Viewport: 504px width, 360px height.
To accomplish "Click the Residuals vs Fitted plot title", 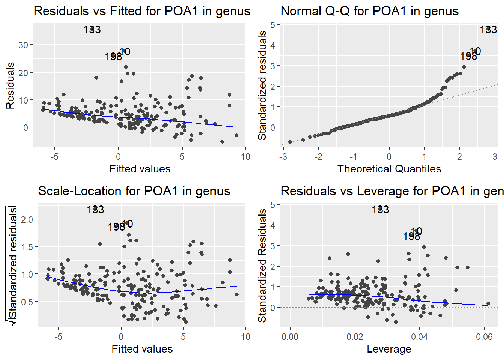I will click(x=142, y=11).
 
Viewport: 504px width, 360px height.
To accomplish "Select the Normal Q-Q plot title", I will click(x=369, y=11).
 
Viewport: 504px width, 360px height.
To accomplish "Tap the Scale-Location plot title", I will click(x=134, y=191).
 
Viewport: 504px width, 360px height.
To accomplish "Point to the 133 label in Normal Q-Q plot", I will click(x=488, y=30).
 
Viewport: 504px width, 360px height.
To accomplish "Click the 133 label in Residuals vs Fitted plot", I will click(x=92, y=30).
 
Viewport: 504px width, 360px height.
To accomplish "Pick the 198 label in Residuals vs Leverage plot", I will click(x=411, y=237).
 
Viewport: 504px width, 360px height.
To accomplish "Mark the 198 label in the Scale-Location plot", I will click(x=116, y=227).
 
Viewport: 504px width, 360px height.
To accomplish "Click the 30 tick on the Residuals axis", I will click(x=23, y=45).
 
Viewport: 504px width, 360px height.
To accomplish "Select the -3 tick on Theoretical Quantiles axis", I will click(x=283, y=157).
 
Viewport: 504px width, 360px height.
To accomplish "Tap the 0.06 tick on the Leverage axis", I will click(x=484, y=337).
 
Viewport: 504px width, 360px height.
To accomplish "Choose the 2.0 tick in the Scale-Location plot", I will click(x=27, y=219).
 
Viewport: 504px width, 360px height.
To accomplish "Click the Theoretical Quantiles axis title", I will click(x=389, y=169).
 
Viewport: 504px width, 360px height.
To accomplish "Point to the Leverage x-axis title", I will click(x=389, y=349).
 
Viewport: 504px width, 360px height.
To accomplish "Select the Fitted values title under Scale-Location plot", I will click(x=142, y=349).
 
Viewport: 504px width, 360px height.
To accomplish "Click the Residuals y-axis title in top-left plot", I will click(x=10, y=86).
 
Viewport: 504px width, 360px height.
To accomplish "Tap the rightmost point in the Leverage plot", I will click(x=488, y=303).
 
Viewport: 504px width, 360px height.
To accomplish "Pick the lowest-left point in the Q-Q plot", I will click(x=290, y=142).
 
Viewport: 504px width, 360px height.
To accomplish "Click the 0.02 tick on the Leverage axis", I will click(x=355, y=337).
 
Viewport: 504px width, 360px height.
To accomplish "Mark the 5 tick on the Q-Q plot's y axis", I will click(x=273, y=25).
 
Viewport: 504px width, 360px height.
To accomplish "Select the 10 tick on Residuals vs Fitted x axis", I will click(x=246, y=157).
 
